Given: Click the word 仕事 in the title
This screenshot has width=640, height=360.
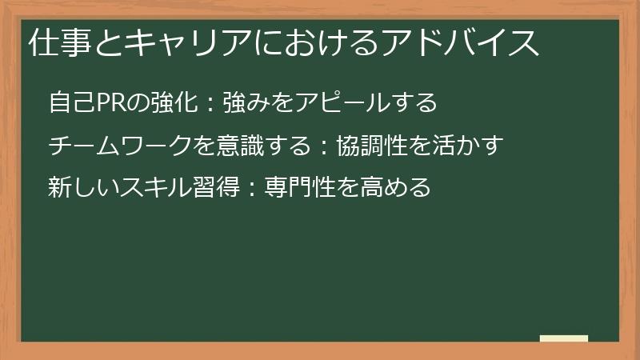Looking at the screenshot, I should pyautogui.click(x=54, y=42).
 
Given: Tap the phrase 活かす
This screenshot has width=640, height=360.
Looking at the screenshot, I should pyautogui.click(x=473, y=146).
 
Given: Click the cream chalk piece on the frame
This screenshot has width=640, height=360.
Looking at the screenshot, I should pyautogui.click(x=564, y=338).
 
